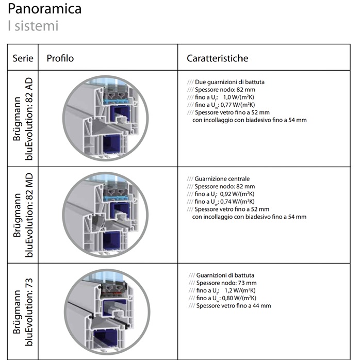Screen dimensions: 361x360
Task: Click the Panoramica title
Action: pyautogui.click(x=45, y=9)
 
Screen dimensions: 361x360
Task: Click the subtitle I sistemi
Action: pyautogui.click(x=33, y=26)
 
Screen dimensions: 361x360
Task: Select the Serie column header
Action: pyautogui.click(x=23, y=58)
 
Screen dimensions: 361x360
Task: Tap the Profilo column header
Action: pyautogui.click(x=60, y=58)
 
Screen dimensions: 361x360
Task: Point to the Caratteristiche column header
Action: pyautogui.click(x=217, y=58)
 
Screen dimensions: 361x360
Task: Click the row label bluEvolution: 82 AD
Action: pyautogui.click(x=29, y=119)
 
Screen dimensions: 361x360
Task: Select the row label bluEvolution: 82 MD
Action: pyautogui.click(x=29, y=215)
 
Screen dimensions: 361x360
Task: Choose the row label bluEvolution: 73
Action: pyautogui.click(x=29, y=312)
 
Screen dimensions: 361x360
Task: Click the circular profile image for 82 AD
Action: pyautogui.click(x=105, y=118)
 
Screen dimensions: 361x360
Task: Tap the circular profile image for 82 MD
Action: pyautogui.click(x=105, y=215)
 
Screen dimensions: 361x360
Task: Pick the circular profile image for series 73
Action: pyautogui.click(x=107, y=312)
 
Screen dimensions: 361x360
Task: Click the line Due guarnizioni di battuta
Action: pyautogui.click(x=229, y=82)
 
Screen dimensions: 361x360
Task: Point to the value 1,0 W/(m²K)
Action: pyautogui.click(x=238, y=97)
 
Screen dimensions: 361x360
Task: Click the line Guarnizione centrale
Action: pyautogui.click(x=222, y=179)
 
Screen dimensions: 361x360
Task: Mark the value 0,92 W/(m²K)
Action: pyautogui.click(x=237, y=194)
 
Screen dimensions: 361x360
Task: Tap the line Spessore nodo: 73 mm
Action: pyautogui.click(x=226, y=283)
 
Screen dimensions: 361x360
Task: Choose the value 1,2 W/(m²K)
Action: pyautogui.click(x=240, y=290)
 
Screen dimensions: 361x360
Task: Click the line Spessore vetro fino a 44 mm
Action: pyautogui.click(x=234, y=306)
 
